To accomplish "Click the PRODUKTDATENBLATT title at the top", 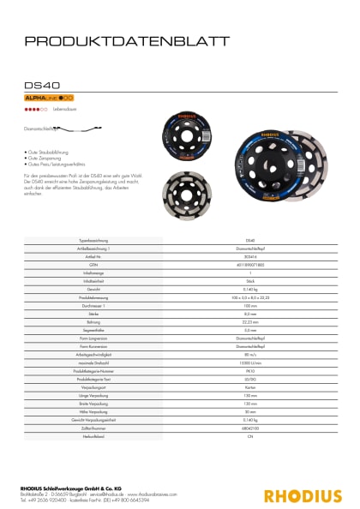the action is pyautogui.click(x=126, y=40).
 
